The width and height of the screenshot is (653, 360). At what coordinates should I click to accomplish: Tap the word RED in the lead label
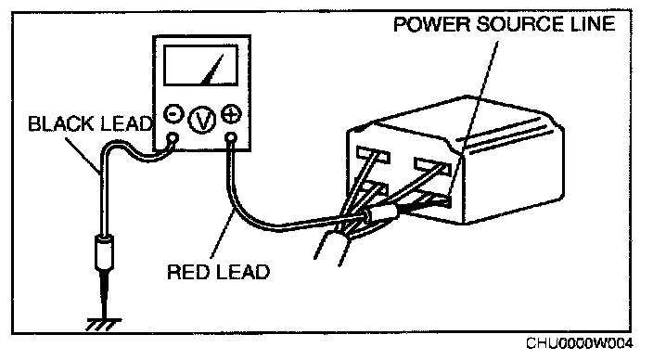coord(187,272)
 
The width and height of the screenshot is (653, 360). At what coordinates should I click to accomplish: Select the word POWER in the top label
coord(431,24)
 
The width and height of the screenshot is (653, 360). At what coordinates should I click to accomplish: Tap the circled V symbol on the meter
coord(202,120)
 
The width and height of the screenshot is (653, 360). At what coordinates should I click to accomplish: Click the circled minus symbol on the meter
coord(173,114)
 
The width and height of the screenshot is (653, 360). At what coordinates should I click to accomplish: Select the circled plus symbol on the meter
coord(231,114)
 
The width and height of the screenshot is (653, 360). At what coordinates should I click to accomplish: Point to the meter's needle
coord(212,69)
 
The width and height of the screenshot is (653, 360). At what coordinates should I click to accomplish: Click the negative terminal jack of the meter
coord(173,138)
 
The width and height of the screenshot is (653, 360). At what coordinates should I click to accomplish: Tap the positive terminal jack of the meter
coord(231,138)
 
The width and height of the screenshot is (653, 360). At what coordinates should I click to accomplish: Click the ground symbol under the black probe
coord(104,324)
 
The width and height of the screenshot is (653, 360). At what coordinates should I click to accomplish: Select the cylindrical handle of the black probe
coord(103,252)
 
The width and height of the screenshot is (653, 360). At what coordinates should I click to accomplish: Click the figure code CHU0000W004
coord(580,343)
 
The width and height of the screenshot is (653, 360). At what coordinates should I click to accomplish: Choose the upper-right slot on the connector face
coord(432,165)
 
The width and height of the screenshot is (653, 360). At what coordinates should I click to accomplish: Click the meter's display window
coord(201,66)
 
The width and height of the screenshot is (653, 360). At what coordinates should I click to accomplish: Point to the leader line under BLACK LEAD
coord(83,156)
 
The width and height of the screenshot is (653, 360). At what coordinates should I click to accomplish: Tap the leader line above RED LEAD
coord(222,235)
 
